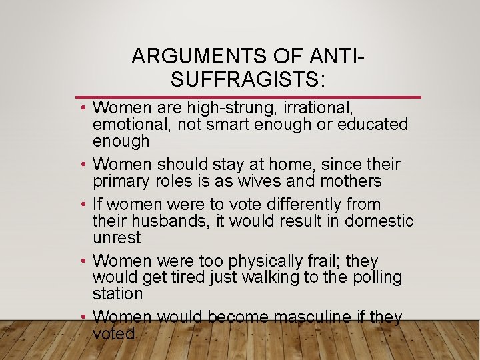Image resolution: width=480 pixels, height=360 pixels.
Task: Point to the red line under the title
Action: [x=248, y=97]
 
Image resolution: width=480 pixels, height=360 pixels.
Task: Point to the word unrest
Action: [x=117, y=237]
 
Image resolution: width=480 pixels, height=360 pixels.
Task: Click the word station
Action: [x=118, y=294]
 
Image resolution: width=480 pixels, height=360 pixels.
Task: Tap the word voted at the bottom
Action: [x=114, y=333]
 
